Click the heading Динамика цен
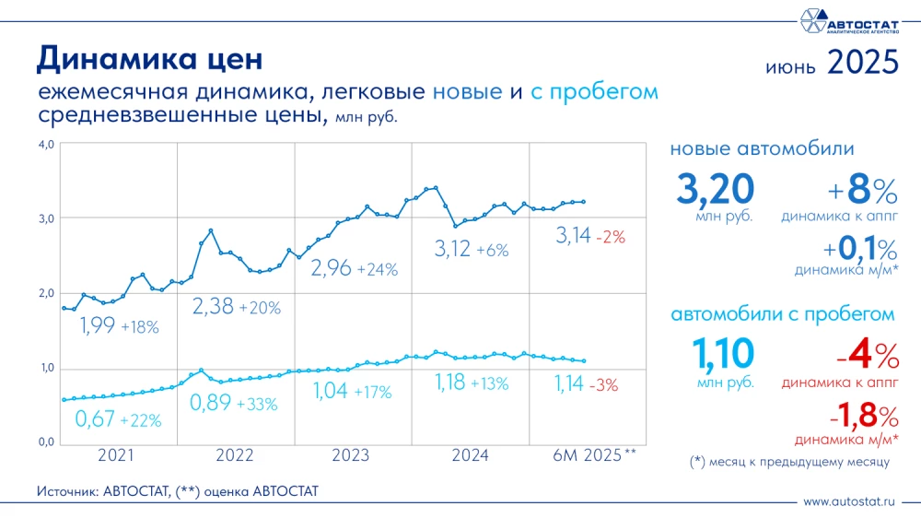[149, 59]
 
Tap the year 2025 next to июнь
[862, 62]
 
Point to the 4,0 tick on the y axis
[46, 144]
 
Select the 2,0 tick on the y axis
[46, 293]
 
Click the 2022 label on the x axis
[235, 455]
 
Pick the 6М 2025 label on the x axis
[594, 455]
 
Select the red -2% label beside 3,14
[610, 237]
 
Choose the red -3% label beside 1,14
[608, 383]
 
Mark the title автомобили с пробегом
[782, 314]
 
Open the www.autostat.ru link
[848, 502]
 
